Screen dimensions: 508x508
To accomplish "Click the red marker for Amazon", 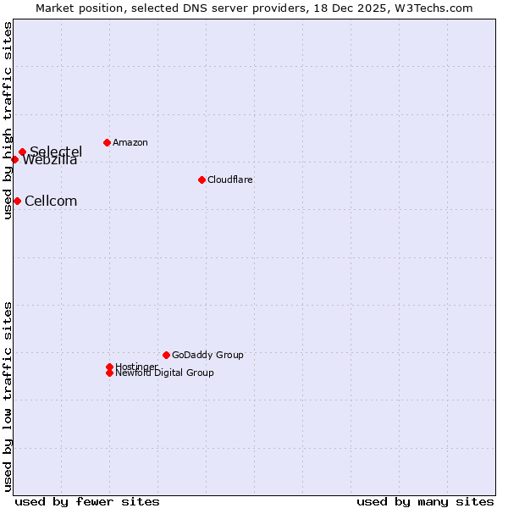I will tap(107, 142).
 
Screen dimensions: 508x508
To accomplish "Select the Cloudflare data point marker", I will tap(202, 179).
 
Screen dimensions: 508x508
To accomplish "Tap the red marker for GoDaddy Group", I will tap(166, 355).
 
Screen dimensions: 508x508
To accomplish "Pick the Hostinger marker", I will tap(109, 367).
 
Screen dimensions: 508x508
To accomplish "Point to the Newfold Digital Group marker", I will tap(109, 373).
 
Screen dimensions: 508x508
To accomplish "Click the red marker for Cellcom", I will tap(17, 201).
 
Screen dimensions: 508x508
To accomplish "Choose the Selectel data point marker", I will tap(22, 152).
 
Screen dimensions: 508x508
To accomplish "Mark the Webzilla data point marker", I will tap(14, 159).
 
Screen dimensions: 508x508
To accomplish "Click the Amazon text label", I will tap(130, 142).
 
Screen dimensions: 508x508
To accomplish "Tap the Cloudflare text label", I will tap(230, 179).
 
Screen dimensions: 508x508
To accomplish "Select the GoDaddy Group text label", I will tap(207, 355).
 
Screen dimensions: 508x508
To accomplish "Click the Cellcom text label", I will tap(51, 201).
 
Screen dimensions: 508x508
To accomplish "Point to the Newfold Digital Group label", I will tap(165, 373).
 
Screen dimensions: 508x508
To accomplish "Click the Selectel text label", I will tap(57, 152).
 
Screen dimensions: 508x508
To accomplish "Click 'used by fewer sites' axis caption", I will tap(87, 501).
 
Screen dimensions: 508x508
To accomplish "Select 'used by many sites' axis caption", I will tap(425, 501).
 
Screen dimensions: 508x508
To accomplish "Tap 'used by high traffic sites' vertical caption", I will tap(8, 120).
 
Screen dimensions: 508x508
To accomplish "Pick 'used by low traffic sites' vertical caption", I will tap(8, 396).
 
